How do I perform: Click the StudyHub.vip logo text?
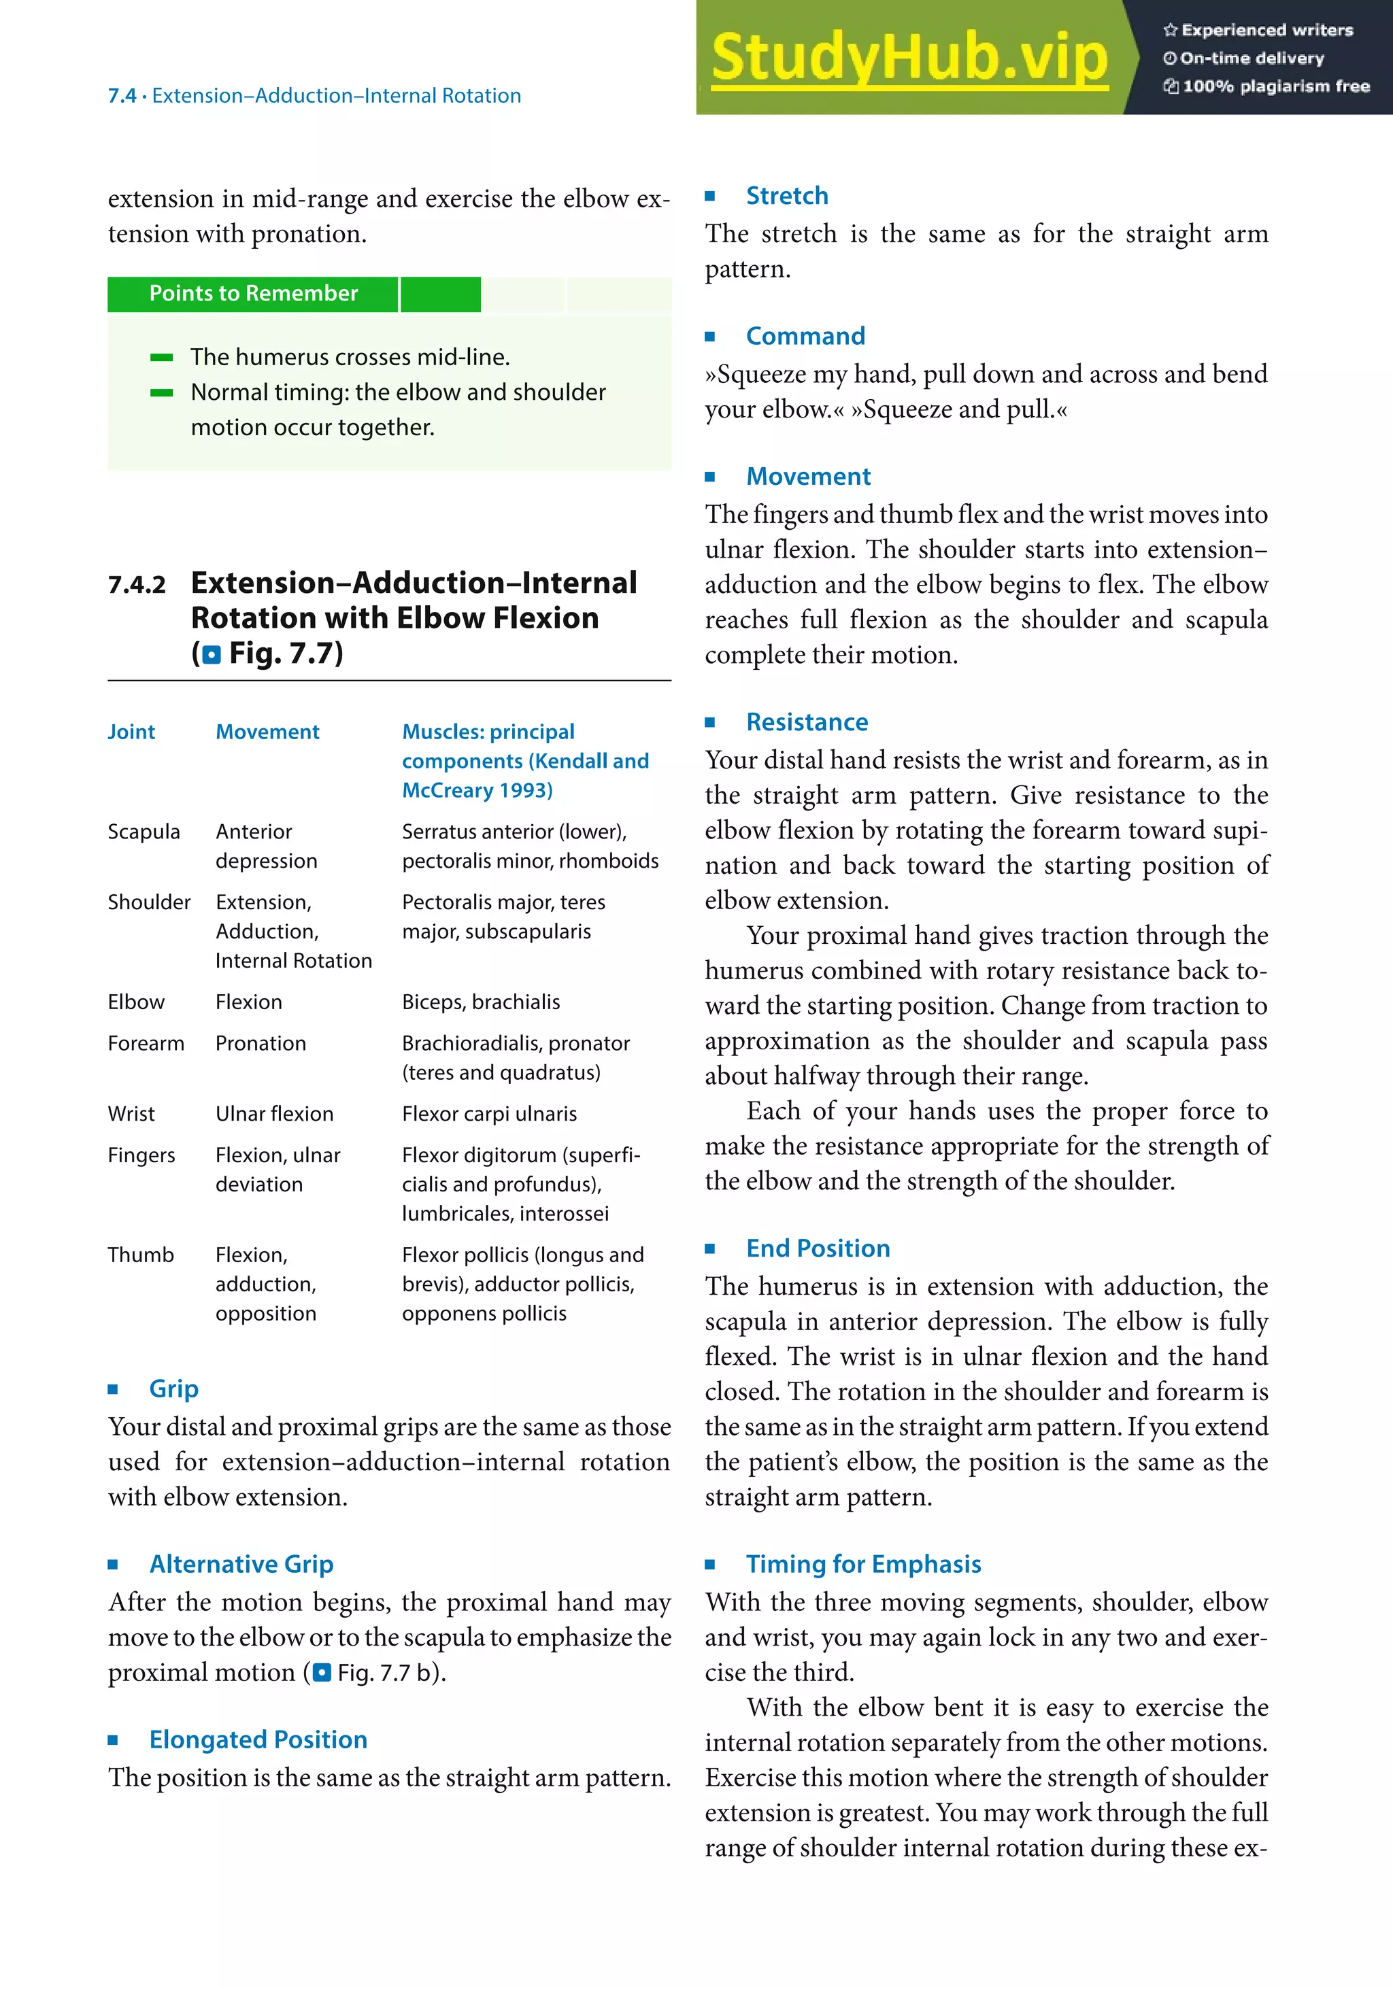tap(909, 57)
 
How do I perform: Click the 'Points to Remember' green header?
tap(253, 294)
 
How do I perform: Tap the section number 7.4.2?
tap(137, 585)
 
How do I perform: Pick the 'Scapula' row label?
tap(144, 832)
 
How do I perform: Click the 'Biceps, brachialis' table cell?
tap(481, 1002)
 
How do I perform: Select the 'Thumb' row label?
tap(140, 1255)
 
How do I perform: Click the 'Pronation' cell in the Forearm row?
tap(261, 1044)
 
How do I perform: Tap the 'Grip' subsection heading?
tap(173, 1389)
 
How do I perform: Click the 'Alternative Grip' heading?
tap(241, 1563)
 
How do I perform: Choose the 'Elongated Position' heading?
tap(258, 1739)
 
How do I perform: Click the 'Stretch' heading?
tap(786, 196)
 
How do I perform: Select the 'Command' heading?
tap(805, 336)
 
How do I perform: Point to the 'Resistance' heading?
tap(807, 722)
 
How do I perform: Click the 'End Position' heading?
tap(818, 1248)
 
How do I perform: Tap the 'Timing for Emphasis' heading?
tap(863, 1563)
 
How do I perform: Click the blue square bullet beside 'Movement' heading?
tap(709, 477)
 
